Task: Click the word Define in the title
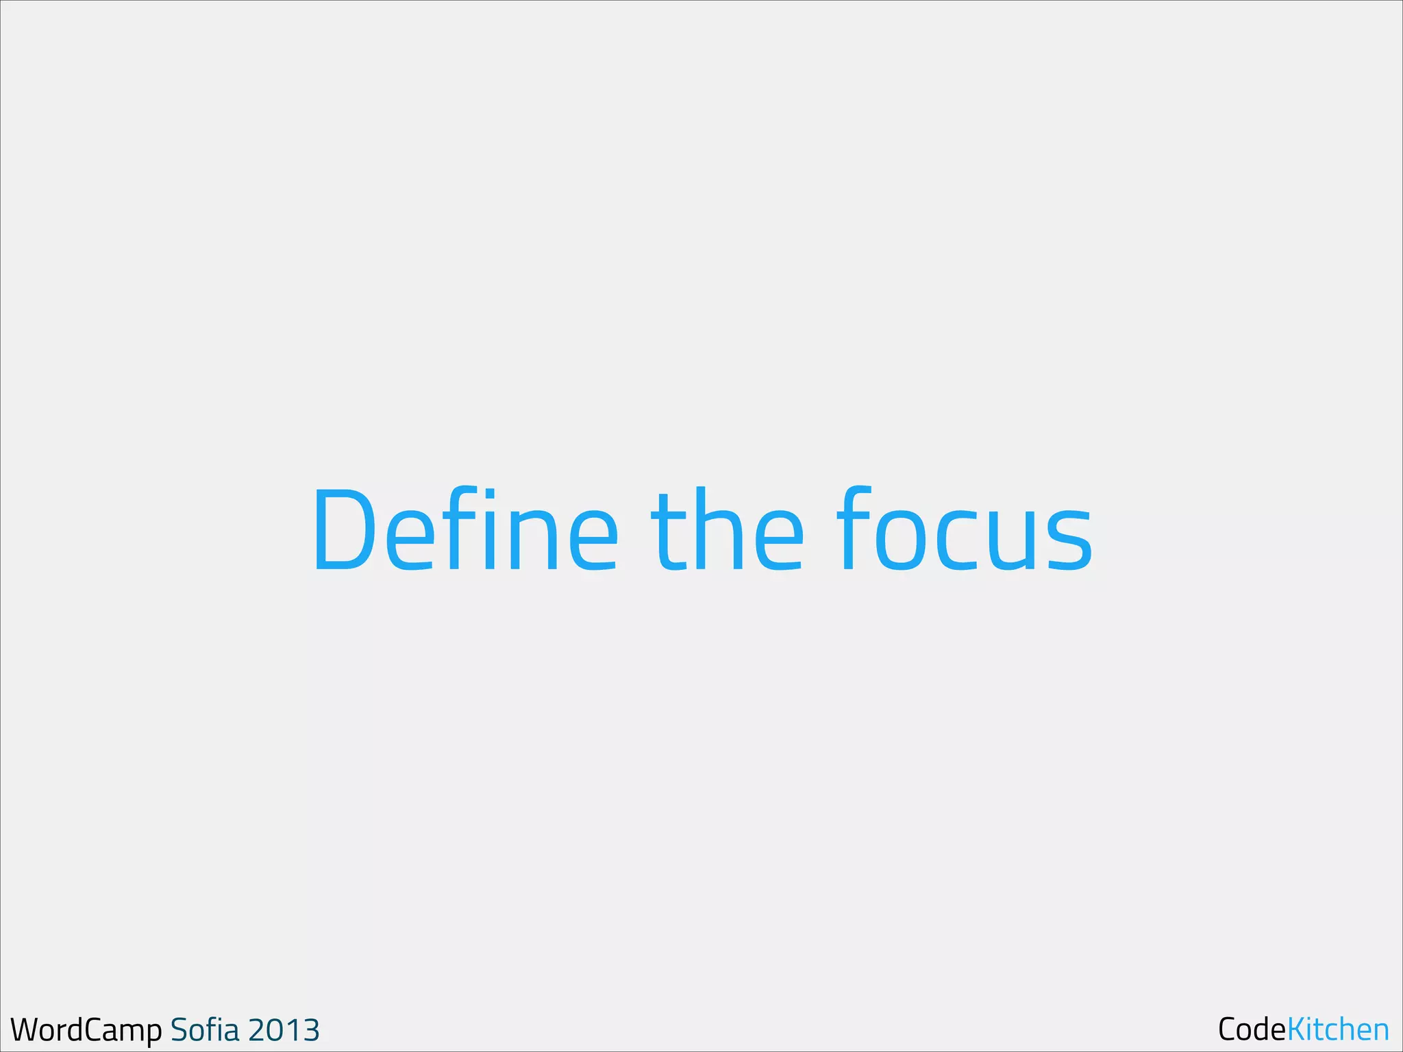(x=466, y=529)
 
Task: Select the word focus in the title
(x=965, y=529)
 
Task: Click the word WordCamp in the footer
(x=86, y=1030)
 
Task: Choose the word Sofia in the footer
(x=205, y=1029)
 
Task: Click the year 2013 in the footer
(x=284, y=1030)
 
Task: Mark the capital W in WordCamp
(x=26, y=1029)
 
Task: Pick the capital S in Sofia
(x=179, y=1030)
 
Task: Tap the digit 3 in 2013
(x=310, y=1030)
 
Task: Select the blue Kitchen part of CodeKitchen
(x=1338, y=1029)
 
